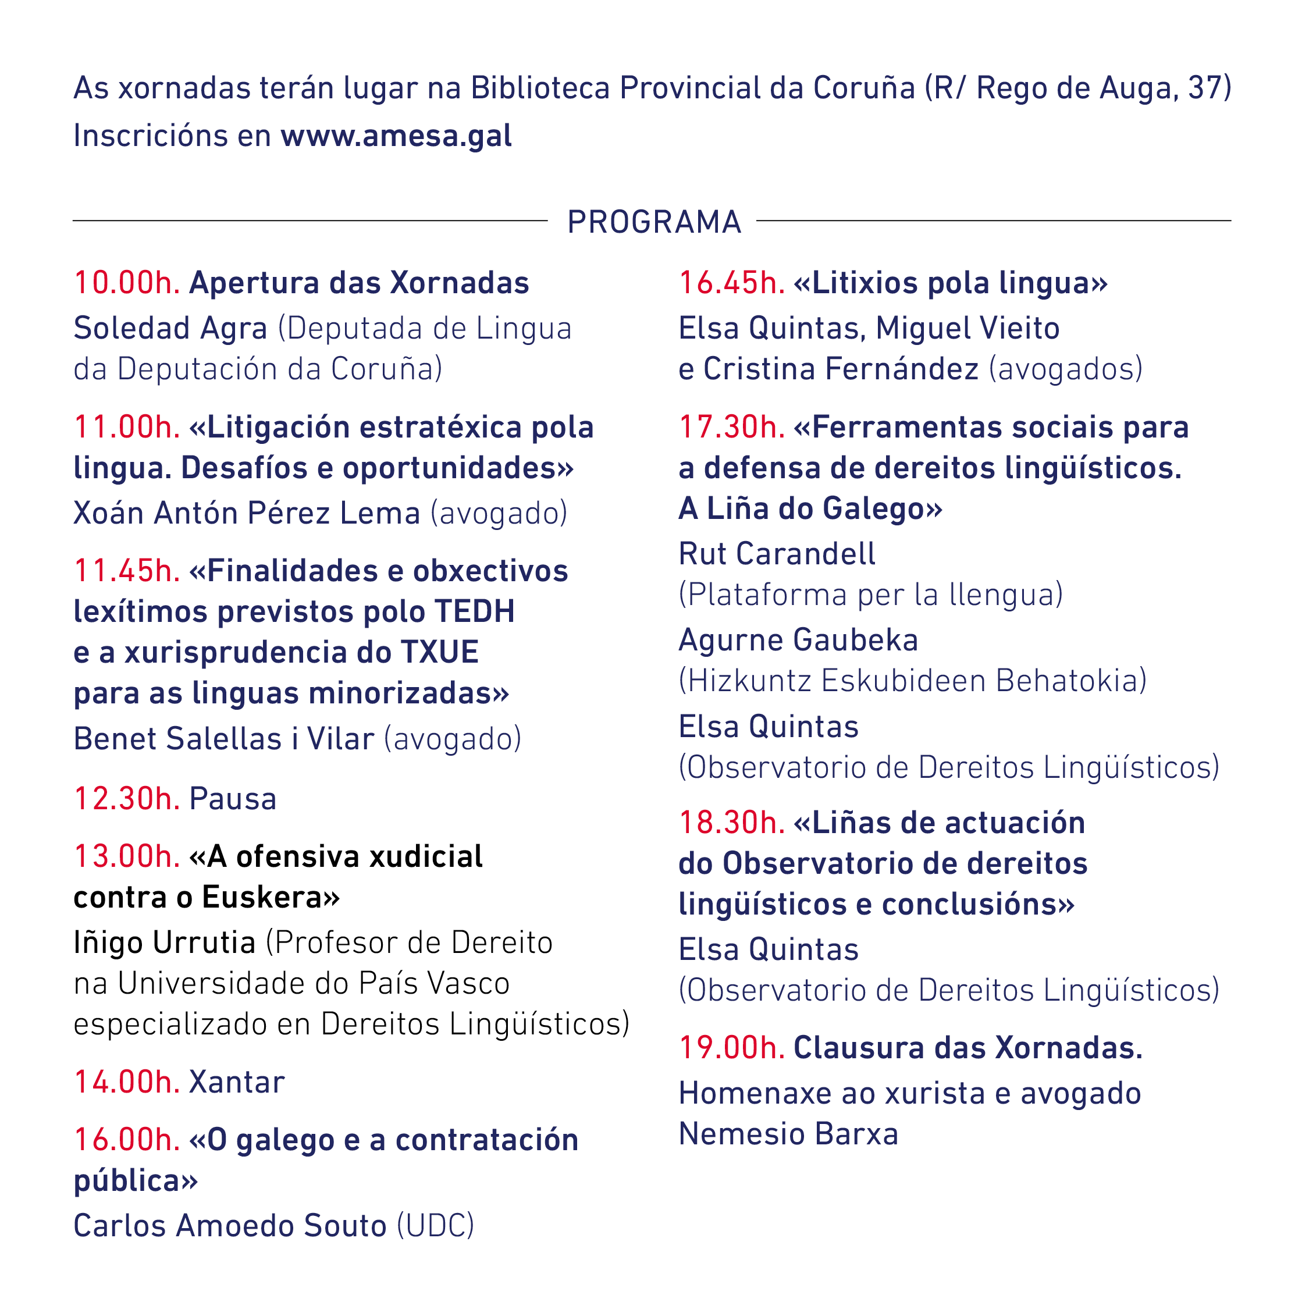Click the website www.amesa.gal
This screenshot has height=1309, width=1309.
point(396,136)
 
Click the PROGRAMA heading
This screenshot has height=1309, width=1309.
point(654,222)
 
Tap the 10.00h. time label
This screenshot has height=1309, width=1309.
point(127,283)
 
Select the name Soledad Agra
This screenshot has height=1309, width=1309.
point(170,329)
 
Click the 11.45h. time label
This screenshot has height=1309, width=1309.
point(127,571)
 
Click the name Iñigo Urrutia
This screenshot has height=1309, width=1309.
point(165,942)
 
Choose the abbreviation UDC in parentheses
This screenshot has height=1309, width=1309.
point(436,1226)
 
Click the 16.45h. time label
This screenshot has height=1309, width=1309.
point(732,283)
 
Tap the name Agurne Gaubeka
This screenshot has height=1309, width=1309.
point(798,641)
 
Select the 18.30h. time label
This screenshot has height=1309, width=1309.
point(732,823)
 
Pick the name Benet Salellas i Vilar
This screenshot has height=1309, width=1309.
point(223,738)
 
